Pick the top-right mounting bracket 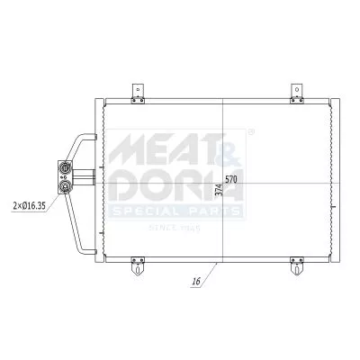[297, 90]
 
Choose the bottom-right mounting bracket [297, 267]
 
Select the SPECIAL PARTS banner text [176, 211]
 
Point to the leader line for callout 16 [209, 274]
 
